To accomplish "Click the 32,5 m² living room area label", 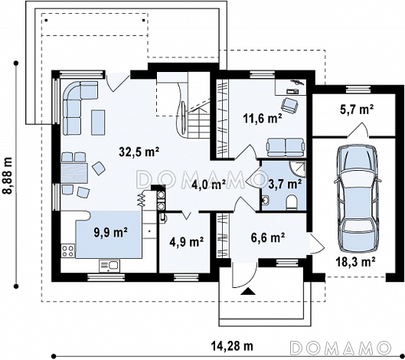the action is (x=139, y=152).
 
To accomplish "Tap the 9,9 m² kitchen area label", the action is (x=110, y=233).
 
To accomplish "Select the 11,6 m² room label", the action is (x=262, y=119).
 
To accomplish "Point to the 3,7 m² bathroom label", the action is (x=285, y=184).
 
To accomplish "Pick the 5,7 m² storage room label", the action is (x=357, y=110).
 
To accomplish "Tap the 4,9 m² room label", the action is (x=187, y=241).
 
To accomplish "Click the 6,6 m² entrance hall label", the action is (x=268, y=237).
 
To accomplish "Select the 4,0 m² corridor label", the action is (x=209, y=185).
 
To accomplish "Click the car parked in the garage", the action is (x=357, y=198).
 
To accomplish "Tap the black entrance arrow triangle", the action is (x=248, y=291).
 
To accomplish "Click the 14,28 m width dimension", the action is (x=232, y=345).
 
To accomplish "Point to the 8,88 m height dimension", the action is (x=8, y=175).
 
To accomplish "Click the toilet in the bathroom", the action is (x=292, y=202).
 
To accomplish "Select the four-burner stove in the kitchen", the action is (x=68, y=250).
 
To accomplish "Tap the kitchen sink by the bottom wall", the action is (x=109, y=267).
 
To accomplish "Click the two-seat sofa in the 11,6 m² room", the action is (x=286, y=147).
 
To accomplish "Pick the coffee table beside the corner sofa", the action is (x=98, y=123).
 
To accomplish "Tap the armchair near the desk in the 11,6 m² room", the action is (x=290, y=105).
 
